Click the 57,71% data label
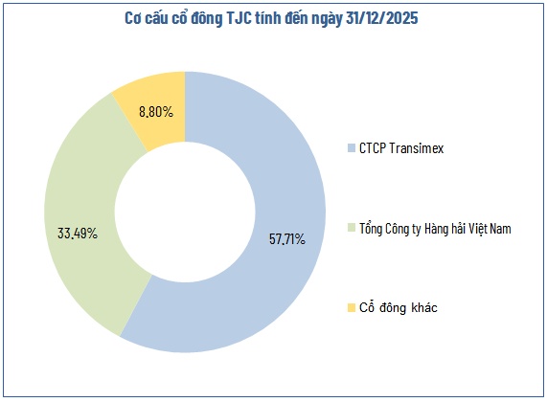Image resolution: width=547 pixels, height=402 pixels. click(x=286, y=238)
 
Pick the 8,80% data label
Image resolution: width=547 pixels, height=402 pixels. click(x=155, y=112)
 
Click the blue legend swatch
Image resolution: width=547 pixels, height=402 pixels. click(x=351, y=148)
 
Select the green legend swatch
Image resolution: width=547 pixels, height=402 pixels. click(x=351, y=227)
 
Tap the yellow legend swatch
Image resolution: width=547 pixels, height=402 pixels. click(x=351, y=307)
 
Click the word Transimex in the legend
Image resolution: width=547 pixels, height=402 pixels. click(x=416, y=148)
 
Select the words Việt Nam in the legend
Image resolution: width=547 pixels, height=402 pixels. click(x=493, y=227)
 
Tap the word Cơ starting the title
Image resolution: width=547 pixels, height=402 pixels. click(x=134, y=18)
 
